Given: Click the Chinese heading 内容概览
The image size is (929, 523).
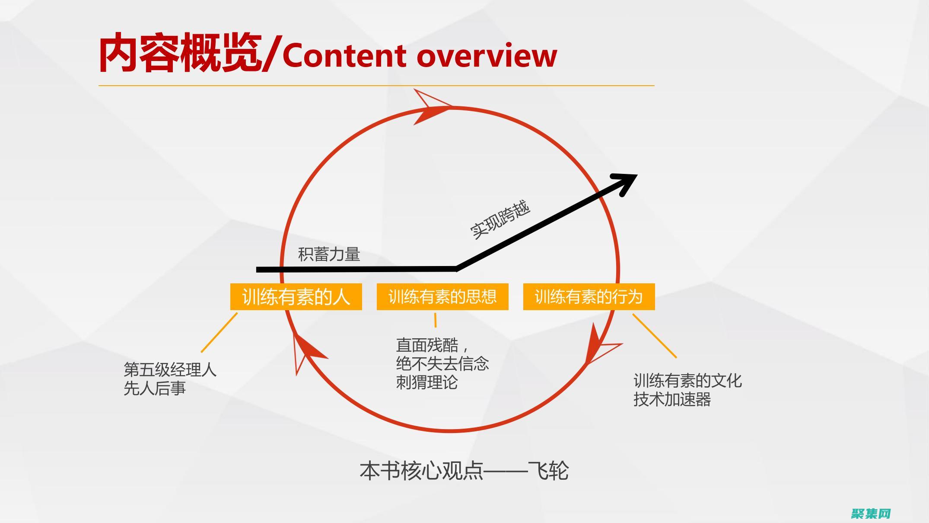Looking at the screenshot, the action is (x=180, y=54).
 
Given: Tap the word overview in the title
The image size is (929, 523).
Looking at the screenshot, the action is (x=487, y=56).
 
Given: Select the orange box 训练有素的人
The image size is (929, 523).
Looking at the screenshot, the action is (x=296, y=297).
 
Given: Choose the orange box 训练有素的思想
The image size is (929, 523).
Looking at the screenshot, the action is (x=442, y=297).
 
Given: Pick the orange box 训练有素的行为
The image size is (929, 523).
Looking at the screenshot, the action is (x=589, y=297).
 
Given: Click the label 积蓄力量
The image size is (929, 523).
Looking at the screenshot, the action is (x=329, y=254).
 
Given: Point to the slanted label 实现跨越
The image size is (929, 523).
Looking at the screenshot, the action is (x=500, y=220).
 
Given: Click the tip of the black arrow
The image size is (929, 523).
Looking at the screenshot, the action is (x=637, y=175).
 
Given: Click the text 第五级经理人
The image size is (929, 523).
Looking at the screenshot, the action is (x=170, y=370).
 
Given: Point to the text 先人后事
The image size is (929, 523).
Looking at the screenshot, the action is (x=155, y=388).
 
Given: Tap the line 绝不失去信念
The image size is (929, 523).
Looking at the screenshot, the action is (x=442, y=364).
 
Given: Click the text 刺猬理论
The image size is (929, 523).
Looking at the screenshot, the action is (x=427, y=382).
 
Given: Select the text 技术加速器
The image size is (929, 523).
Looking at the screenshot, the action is (x=672, y=399).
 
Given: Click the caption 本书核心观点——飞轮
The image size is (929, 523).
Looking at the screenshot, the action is (x=464, y=471).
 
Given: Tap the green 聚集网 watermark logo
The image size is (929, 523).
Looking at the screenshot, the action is (x=871, y=513).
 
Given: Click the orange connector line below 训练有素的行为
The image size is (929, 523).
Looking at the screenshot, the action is (x=655, y=336).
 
